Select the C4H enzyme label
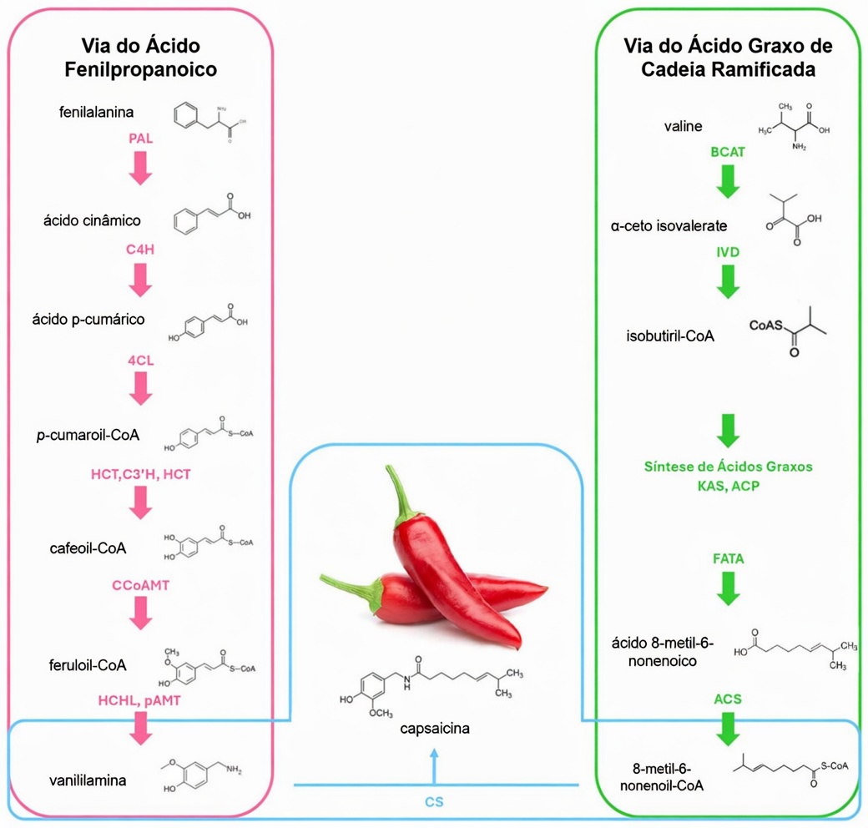(x=140, y=249)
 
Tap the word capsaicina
(x=433, y=729)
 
